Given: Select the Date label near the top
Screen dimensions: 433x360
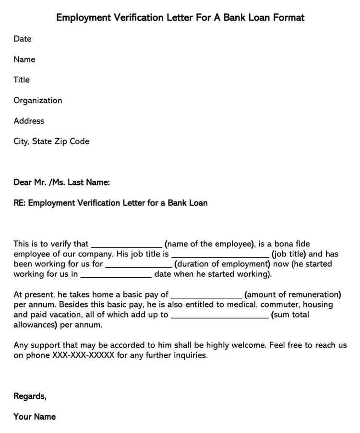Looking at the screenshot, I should pyautogui.click(x=23, y=39).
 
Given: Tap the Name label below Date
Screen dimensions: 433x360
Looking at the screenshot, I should pyautogui.click(x=24, y=59).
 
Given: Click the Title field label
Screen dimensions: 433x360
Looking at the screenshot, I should pyautogui.click(x=22, y=80).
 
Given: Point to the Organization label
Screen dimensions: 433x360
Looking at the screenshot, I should pyautogui.click(x=38, y=101).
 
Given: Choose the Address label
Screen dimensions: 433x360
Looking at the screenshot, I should pyautogui.click(x=29, y=121).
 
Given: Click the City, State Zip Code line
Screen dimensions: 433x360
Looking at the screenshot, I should pyautogui.click(x=51, y=141).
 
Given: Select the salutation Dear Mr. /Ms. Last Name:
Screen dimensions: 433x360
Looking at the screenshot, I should pyautogui.click(x=62, y=183).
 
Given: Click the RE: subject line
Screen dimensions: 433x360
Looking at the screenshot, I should pyautogui.click(x=110, y=203).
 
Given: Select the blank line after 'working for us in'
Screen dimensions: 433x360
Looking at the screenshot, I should pyautogui.click(x=116, y=276).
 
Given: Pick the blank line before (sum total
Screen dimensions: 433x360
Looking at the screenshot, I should pyautogui.click(x=220, y=316).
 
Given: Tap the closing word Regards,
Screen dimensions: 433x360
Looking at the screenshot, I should pyautogui.click(x=30, y=396).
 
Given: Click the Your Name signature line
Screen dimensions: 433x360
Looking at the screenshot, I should pyautogui.click(x=35, y=417).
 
